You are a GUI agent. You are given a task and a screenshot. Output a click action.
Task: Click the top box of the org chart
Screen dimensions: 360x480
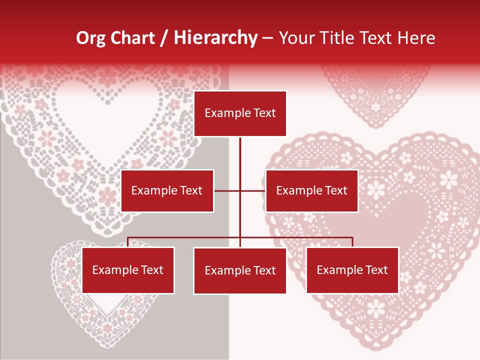240,113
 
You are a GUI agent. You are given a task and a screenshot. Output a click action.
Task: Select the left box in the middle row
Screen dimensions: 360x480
167,190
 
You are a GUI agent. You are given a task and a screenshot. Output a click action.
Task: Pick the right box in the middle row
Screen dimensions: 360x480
311,190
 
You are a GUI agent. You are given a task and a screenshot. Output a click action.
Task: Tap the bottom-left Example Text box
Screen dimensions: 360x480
128,270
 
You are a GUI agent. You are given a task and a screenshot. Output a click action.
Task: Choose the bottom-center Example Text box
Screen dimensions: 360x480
240,271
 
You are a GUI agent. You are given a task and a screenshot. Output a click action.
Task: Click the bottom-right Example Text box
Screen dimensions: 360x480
352,270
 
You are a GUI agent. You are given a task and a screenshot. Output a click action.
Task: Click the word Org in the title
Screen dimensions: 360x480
90,38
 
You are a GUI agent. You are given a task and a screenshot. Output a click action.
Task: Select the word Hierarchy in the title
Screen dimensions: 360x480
215,38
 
